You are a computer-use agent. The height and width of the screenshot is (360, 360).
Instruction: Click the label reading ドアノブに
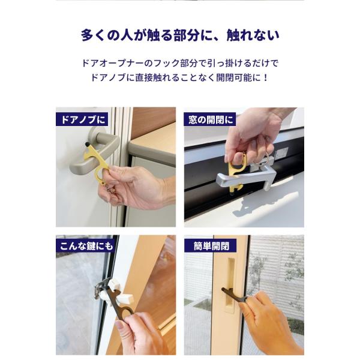pos(82,119)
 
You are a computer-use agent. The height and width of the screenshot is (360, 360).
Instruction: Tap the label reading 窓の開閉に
pos(210,119)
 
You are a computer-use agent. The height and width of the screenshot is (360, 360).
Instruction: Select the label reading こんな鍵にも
pos(86,246)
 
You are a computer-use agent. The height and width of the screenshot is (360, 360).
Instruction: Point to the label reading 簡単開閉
pos(211,246)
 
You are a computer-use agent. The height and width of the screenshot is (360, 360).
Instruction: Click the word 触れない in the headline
pos(253,35)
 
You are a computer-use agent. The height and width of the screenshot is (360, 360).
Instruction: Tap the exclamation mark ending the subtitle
pos(266,78)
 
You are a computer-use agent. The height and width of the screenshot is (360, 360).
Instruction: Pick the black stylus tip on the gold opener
pos(88,144)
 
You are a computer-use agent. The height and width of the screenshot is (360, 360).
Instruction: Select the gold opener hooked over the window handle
pos(236,172)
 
